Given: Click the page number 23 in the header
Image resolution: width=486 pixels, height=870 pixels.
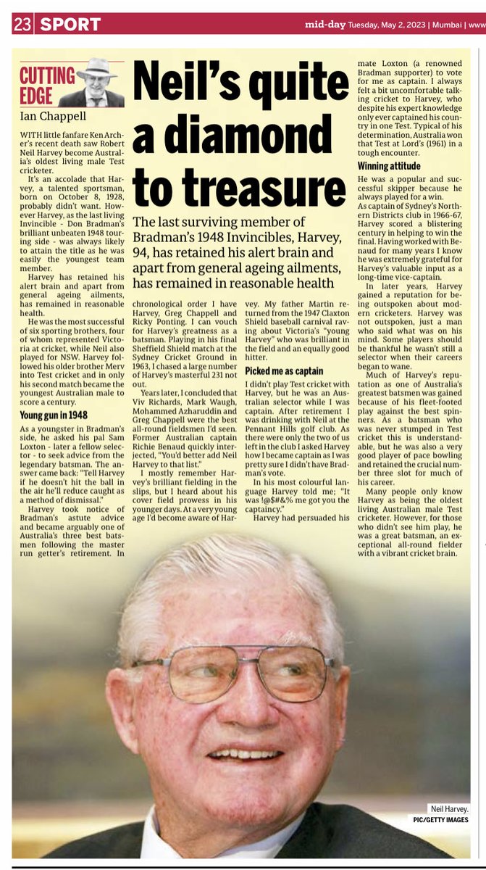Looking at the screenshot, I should (22, 24).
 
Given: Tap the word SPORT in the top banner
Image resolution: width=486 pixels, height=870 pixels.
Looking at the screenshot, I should (70, 24).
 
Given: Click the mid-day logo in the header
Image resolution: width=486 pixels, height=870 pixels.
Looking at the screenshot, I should (324, 23).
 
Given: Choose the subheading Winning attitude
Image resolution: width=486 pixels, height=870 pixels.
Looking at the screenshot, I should (388, 166).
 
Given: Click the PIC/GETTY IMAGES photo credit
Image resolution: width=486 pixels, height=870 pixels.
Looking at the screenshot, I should (440, 820).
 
